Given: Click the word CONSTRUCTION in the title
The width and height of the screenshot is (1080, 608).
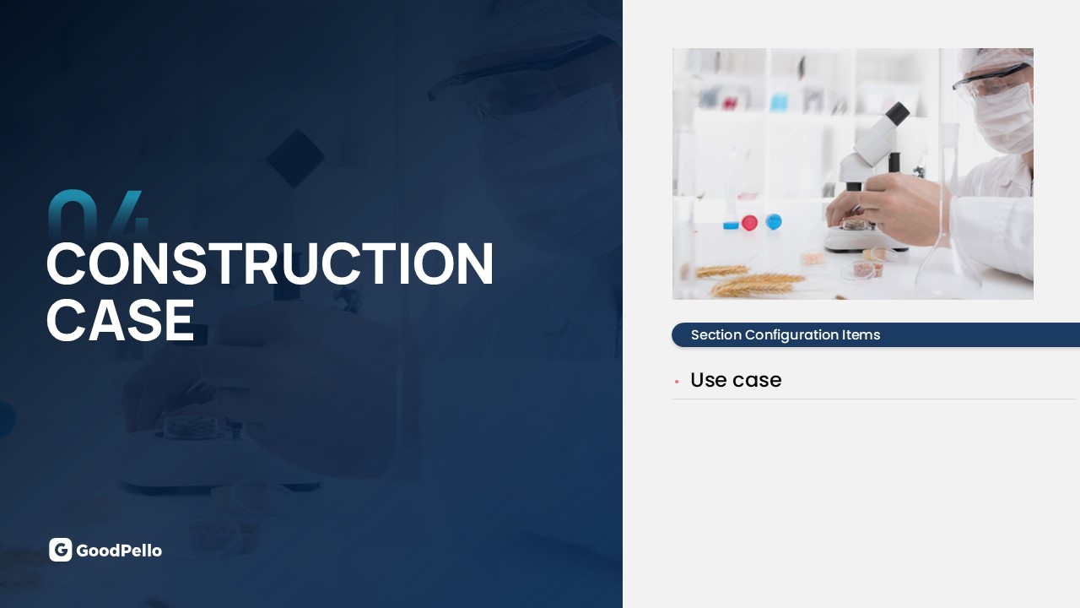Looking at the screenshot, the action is tap(270, 263).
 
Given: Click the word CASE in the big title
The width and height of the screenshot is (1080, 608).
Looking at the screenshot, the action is tap(121, 319).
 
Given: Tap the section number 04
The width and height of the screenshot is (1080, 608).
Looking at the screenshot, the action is tap(99, 212).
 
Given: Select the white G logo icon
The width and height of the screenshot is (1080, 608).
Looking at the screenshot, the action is tap(60, 550).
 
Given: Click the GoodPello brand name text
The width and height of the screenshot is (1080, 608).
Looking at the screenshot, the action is tap(119, 551).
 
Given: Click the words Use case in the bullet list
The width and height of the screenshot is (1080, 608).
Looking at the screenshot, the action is tap(736, 380).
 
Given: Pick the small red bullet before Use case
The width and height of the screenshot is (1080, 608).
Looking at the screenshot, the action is tap(677, 382).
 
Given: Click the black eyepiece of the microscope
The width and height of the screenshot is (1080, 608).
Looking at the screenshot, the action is tap(897, 114).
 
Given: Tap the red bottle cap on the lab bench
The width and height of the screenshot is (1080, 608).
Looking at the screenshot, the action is tap(749, 223).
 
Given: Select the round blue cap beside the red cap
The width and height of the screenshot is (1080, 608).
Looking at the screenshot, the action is tap(774, 221).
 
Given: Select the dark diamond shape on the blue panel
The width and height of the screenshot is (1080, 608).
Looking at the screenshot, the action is tap(295, 158).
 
